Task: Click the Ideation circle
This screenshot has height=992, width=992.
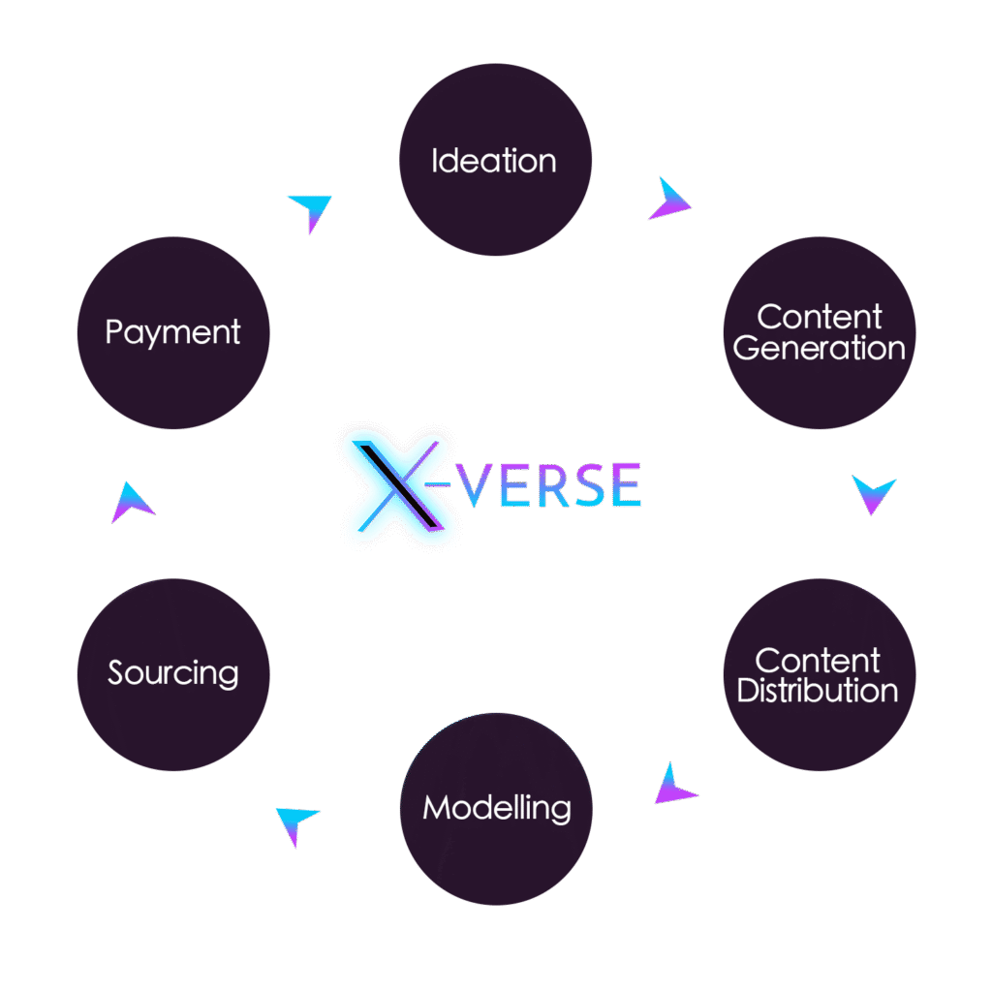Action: (x=495, y=160)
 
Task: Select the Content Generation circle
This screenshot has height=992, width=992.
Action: (x=820, y=332)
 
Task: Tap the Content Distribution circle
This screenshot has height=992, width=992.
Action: (x=820, y=674)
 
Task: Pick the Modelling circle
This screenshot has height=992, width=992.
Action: (x=496, y=808)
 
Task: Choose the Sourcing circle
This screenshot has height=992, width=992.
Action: (x=172, y=674)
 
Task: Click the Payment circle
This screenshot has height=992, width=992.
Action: (x=172, y=332)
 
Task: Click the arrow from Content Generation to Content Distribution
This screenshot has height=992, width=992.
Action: (x=873, y=493)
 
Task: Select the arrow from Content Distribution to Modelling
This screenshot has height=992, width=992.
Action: (x=674, y=786)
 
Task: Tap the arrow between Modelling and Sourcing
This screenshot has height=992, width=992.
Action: (x=296, y=823)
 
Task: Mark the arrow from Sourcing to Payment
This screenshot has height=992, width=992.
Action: (x=132, y=503)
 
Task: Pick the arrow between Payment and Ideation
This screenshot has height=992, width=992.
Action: (x=311, y=210)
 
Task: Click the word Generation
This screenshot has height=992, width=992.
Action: (x=820, y=349)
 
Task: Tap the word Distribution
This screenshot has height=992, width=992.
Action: (x=818, y=691)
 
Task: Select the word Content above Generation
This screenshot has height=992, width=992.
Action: (x=820, y=317)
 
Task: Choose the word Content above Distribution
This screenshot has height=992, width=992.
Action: (x=818, y=661)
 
